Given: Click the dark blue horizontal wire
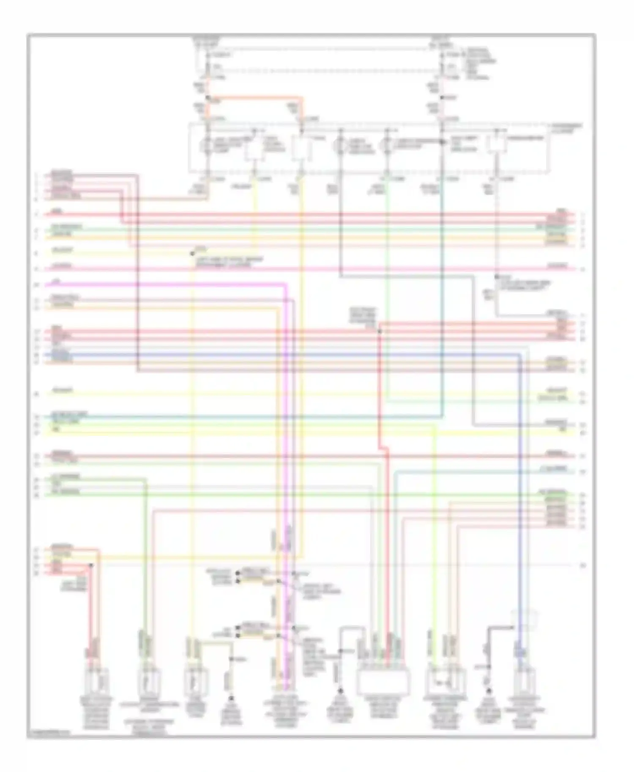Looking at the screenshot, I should pos(296,355).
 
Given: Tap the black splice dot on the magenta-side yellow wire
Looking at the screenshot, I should pos(192,253).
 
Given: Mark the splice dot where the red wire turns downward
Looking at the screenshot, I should pos(379,332).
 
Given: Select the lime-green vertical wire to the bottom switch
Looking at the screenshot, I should pos(434,549).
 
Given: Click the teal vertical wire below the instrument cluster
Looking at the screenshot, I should pos(442,296).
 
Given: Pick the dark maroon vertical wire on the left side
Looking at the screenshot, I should pos(138,275).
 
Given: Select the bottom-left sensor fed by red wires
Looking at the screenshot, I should pos(96,680).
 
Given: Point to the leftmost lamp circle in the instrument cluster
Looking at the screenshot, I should pos(208,146).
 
